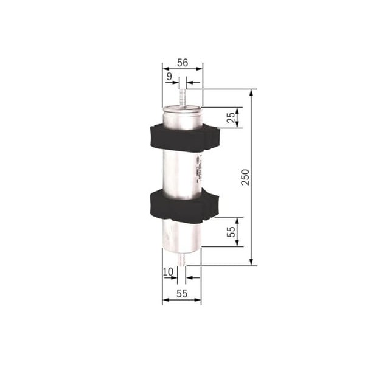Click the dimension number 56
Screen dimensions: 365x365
[x=181, y=63]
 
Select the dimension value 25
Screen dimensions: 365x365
[x=230, y=117]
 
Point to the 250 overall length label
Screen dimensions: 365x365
[x=245, y=177]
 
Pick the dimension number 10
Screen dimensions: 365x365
[x=168, y=271]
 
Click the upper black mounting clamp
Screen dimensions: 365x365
[x=182, y=138]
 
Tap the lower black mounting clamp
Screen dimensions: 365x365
[x=182, y=205]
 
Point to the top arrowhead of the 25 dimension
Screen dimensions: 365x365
[x=237, y=110]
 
